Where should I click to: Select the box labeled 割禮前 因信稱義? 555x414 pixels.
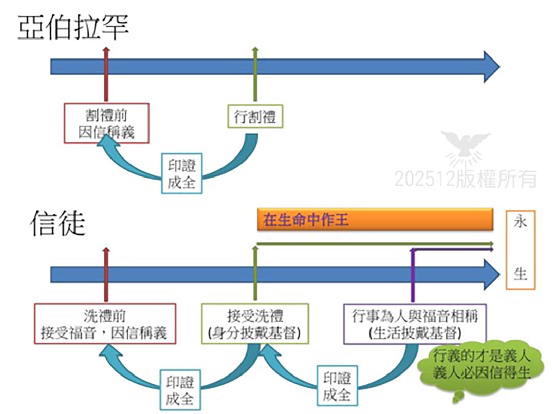click(x=106, y=123)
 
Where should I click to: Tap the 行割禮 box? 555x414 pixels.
click(x=255, y=116)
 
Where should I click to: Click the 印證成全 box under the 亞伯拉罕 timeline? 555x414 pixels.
click(x=182, y=173)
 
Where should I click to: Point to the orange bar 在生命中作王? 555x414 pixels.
click(x=375, y=220)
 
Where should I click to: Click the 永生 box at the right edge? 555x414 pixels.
click(x=520, y=250)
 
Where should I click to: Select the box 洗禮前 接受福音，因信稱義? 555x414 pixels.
click(x=105, y=324)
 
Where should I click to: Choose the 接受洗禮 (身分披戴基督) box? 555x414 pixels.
click(x=255, y=324)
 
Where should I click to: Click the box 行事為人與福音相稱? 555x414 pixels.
click(x=414, y=324)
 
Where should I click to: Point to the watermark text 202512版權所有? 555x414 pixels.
click(x=466, y=178)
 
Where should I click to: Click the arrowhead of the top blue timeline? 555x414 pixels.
click(x=491, y=67)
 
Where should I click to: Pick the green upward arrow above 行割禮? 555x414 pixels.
click(x=255, y=77)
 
